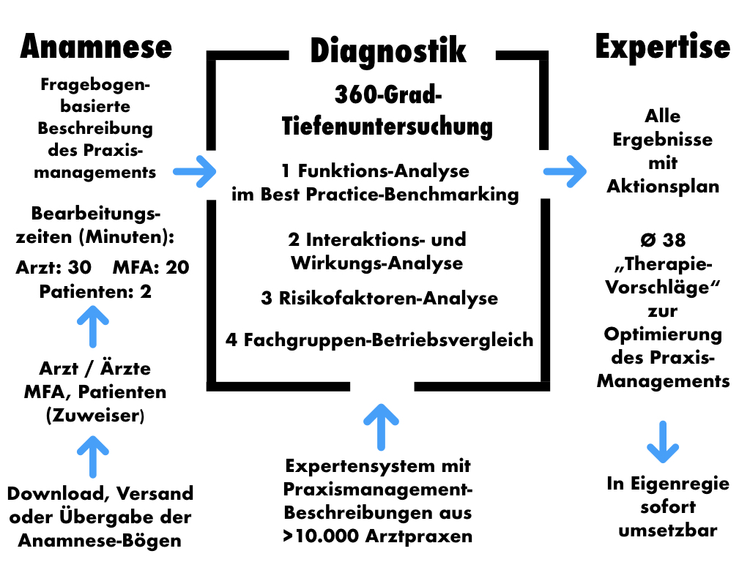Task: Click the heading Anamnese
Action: [96, 47]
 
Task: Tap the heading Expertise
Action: [663, 47]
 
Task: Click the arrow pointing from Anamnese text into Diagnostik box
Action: [196, 172]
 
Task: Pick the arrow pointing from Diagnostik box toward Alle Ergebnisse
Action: [565, 172]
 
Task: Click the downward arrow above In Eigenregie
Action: [663, 441]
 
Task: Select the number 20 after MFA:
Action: [177, 268]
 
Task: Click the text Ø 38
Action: [663, 240]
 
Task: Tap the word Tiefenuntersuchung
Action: [387, 126]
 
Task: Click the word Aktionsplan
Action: [663, 186]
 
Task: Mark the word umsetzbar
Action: [663, 531]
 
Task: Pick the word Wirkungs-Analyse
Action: [376, 263]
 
